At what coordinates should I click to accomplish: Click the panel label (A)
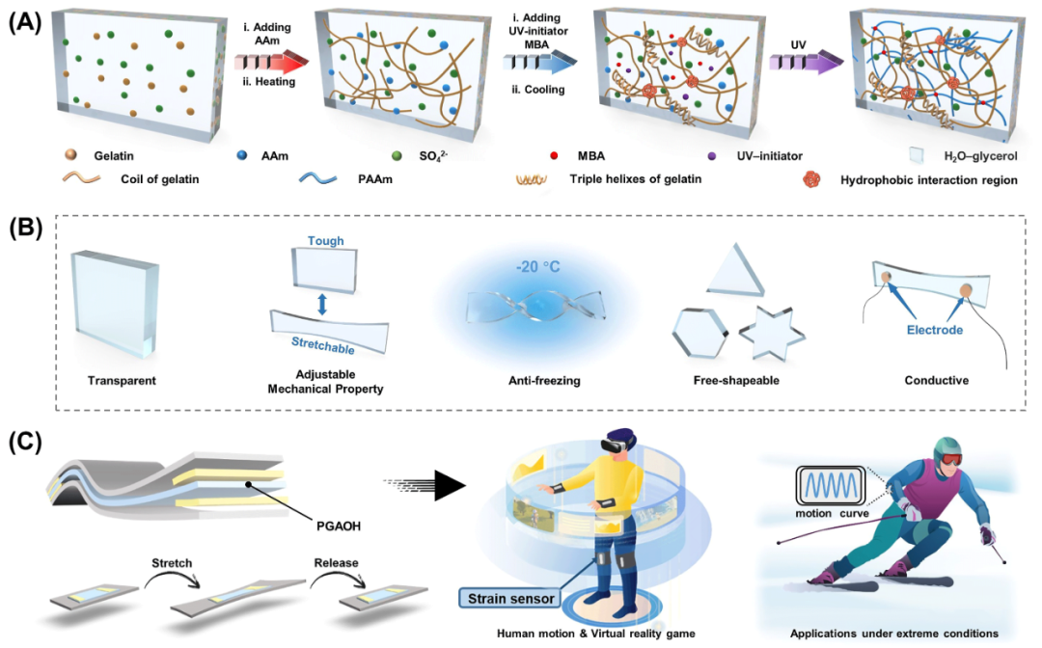click(x=26, y=21)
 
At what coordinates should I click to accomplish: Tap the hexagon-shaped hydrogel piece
click(x=698, y=334)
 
